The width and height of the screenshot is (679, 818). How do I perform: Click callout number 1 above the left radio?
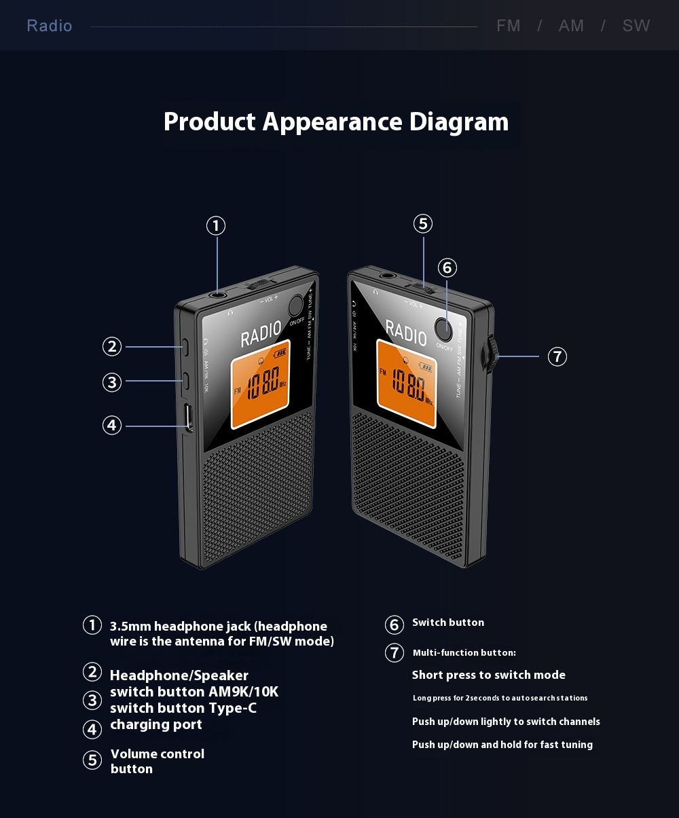point(215,225)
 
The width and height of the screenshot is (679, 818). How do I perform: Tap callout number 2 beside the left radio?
point(112,346)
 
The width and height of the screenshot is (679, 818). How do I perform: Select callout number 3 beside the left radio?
point(112,382)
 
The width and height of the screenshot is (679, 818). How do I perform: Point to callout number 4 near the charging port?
point(112,426)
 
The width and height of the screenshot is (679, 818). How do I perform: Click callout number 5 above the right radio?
point(422,223)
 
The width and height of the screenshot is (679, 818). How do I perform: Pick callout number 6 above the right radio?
point(447,267)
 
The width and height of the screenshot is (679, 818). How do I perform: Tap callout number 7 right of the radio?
point(557,356)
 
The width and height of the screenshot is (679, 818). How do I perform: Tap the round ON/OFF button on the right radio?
point(445,329)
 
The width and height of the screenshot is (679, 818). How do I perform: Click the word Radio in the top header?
point(50,26)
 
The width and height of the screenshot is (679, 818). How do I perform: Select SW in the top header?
point(636,26)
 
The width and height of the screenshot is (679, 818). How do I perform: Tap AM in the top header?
point(571,26)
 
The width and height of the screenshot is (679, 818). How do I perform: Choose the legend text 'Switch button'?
point(448,622)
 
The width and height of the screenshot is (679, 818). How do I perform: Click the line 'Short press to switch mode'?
point(488,675)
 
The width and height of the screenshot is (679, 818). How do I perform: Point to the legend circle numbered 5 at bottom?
point(92,760)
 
